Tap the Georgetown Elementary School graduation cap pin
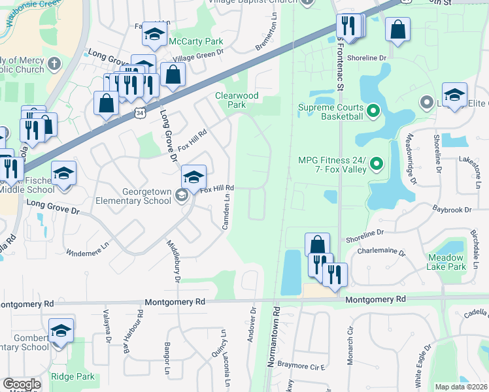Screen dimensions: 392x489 coord(194,178)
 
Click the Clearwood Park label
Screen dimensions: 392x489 coord(237,100)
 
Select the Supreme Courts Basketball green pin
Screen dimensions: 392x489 coord(373,111)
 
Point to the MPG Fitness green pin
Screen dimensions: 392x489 coord(376,163)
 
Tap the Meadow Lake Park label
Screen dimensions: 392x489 coord(447,262)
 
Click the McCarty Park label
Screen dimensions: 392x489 coord(196,41)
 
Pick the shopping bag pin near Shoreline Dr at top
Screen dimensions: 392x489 coord(397,30)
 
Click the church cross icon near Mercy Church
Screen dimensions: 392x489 coord(54,64)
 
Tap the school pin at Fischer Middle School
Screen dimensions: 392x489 coord(64,174)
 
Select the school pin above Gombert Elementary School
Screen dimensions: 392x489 coord(61,331)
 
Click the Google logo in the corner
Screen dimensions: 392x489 coord(22,384)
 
